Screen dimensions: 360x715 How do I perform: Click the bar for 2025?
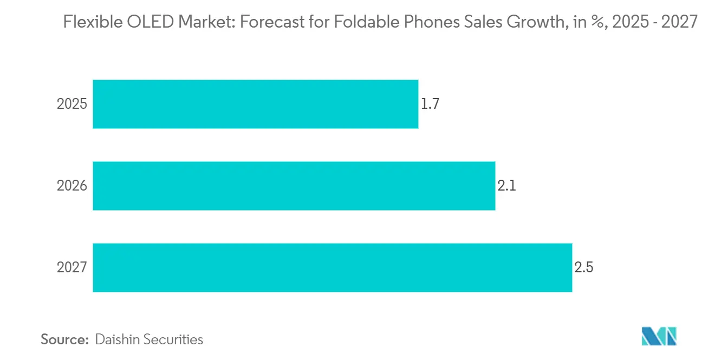point(255,104)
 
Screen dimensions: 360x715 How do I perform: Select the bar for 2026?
point(294,186)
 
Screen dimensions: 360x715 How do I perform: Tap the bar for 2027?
point(332,267)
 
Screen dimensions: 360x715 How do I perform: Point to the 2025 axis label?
point(72,104)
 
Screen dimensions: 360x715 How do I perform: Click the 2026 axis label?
point(72,186)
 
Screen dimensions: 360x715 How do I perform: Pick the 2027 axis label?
point(72,267)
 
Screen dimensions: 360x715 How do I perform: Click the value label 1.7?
point(430,104)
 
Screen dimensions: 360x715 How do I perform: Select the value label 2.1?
point(506,186)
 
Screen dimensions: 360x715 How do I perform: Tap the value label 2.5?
point(584,267)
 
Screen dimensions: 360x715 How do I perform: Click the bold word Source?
point(64,339)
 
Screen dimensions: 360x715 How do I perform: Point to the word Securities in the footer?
point(173,339)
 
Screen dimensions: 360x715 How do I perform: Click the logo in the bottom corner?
point(659,336)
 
